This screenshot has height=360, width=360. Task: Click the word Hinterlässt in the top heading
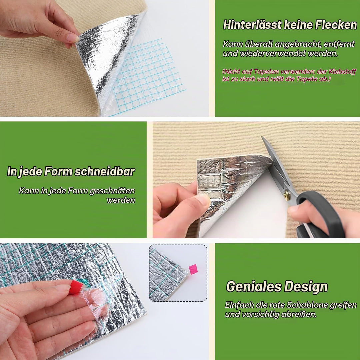[252, 25]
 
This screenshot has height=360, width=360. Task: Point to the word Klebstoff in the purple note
[343, 72]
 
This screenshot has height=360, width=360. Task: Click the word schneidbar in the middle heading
[105, 172]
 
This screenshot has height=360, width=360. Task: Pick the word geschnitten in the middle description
[112, 191]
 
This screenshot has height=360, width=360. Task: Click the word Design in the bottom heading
[306, 287]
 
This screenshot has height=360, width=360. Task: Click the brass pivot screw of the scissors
[287, 195]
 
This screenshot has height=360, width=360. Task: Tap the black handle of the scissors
[321, 215]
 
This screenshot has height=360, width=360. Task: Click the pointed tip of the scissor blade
[262, 137]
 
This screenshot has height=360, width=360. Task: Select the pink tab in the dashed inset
[193, 269]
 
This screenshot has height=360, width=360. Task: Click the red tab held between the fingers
[76, 287]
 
